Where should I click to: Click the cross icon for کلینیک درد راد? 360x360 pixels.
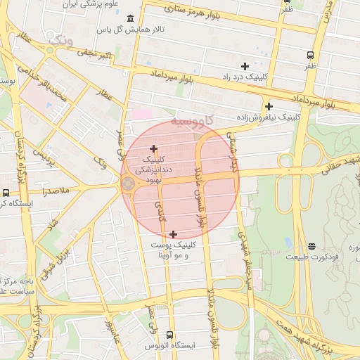coord(245,65)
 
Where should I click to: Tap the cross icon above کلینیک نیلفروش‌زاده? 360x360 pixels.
coord(269,105)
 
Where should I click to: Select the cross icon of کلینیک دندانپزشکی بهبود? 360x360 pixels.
coord(153,148)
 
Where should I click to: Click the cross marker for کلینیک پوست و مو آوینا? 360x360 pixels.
coord(173,234)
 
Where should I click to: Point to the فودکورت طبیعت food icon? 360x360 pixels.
coord(311,246)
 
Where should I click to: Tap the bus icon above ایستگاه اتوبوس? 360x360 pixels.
coord(169,335)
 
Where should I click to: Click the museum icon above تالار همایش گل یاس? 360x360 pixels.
coord(130,19)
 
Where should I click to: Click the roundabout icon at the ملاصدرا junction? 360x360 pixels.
coord(128,184)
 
